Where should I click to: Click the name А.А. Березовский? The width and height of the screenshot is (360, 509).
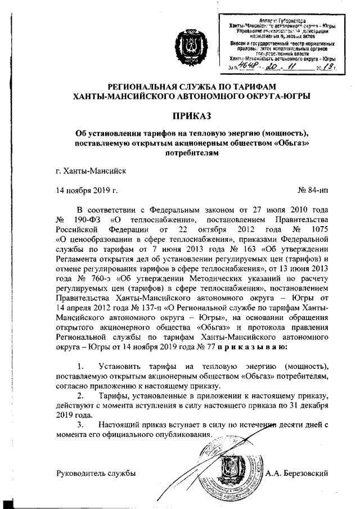pyautogui.click(x=298, y=474)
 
